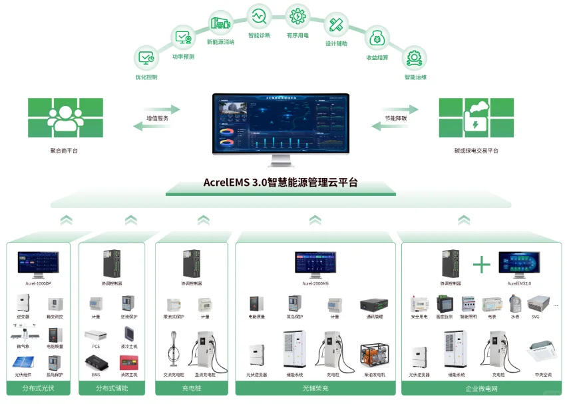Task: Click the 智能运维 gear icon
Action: pos(415,57)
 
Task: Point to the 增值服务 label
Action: pos(158,118)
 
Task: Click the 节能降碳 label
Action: pos(395,118)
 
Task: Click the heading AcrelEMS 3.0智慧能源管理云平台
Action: pos(280,182)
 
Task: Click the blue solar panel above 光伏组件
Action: pos(21,363)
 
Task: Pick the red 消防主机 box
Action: pos(125,363)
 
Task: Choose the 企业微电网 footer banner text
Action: pos(480,388)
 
